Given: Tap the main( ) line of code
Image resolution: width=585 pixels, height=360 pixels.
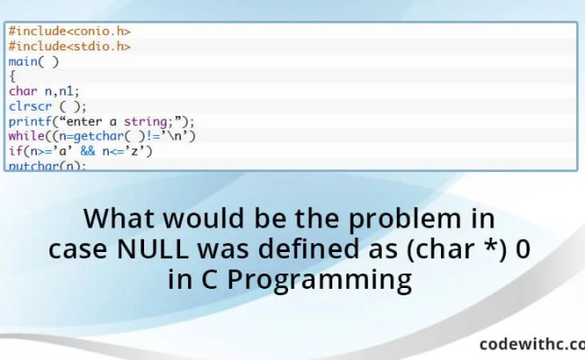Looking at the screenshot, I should [x=33, y=61].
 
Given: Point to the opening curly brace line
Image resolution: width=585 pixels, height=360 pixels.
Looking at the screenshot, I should [x=13, y=76].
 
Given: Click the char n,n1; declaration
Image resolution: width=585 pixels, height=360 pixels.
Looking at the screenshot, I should [x=43, y=91].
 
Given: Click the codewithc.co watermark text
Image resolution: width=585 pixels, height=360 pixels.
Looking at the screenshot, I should [x=531, y=343].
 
